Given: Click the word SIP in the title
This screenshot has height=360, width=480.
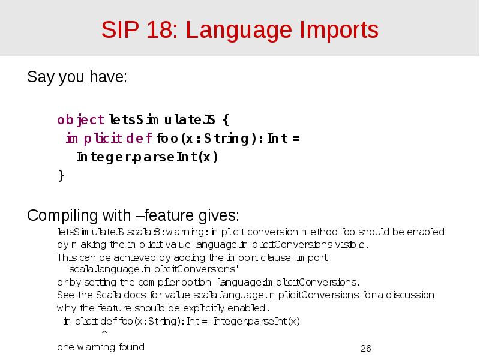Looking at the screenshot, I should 118,29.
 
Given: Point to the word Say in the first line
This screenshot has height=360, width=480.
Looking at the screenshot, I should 40,79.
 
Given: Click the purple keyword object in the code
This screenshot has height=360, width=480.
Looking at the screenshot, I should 80,120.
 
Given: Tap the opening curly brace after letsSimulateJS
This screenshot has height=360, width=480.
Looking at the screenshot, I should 224,120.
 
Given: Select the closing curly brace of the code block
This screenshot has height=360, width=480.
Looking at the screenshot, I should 61,175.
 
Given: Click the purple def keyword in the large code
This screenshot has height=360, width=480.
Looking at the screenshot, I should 143,139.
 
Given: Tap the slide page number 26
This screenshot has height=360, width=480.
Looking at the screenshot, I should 366,349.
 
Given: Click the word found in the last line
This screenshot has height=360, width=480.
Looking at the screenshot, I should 132,347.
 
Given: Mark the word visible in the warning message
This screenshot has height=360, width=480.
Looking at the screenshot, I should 351,245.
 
